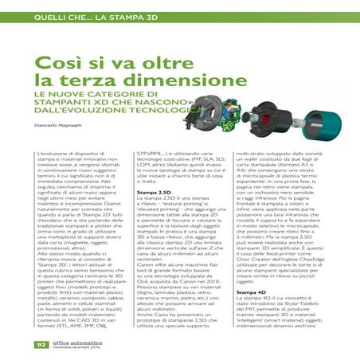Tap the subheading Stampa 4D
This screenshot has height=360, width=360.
point(253,292)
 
